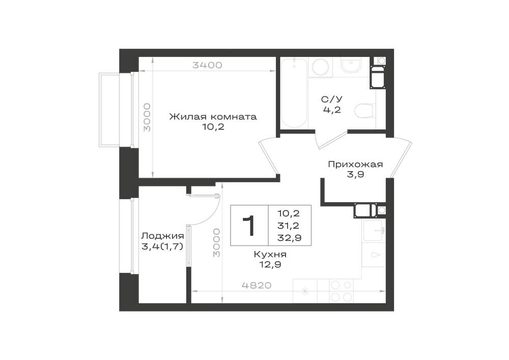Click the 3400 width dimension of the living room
[207, 65]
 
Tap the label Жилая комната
[213, 117]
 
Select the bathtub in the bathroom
[294, 94]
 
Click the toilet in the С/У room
[365, 111]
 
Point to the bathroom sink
[351, 65]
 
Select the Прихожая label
[355, 164]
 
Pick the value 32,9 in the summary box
[290, 238]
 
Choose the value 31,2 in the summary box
[288, 225]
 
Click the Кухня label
[270, 255]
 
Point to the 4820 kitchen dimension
[257, 286]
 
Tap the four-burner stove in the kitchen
[342, 291]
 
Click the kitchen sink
[374, 231]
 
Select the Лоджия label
[162, 236]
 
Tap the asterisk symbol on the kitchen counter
[305, 291]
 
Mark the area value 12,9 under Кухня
[270, 265]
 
